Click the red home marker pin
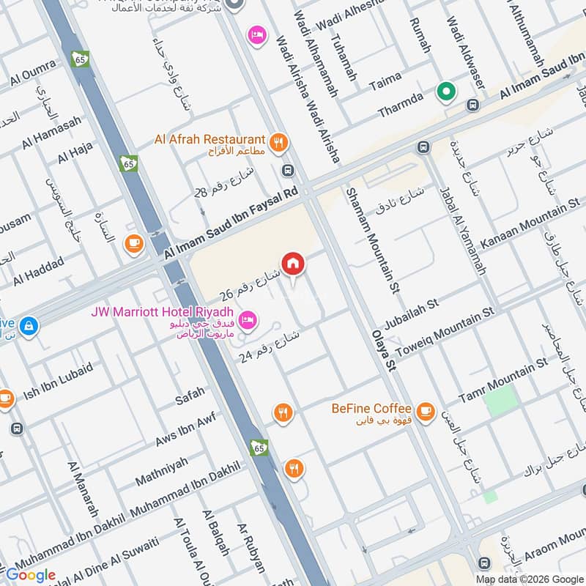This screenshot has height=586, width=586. point(292,263)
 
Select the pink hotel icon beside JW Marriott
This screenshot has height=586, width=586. point(248,319)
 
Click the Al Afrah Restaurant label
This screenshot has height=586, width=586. point(209,139)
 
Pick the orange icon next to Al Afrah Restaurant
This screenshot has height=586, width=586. point(278,143)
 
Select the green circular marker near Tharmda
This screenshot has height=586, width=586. point(445,92)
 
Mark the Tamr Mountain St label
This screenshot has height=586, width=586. point(502,379)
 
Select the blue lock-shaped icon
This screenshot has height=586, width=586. point(29,325)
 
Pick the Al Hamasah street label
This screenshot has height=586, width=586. point(51,133)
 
